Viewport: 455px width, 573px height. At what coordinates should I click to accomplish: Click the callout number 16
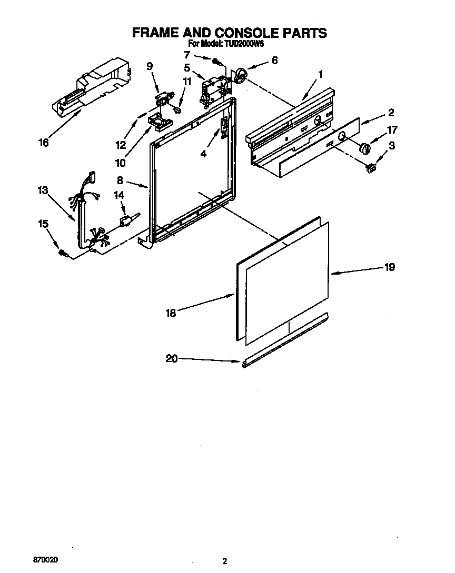tap(44, 142)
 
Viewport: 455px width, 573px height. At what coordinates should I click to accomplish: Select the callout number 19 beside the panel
tap(389, 267)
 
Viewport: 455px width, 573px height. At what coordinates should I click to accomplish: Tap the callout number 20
tap(171, 358)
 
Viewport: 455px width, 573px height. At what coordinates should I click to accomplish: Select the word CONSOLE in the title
tap(245, 33)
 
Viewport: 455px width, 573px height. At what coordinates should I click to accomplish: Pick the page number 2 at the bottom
tap(225, 561)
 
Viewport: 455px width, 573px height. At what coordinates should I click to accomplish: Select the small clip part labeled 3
tap(371, 167)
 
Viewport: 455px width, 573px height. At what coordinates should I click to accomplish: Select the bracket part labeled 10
tap(158, 121)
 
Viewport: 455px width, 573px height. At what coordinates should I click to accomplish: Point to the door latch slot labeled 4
tap(224, 126)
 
